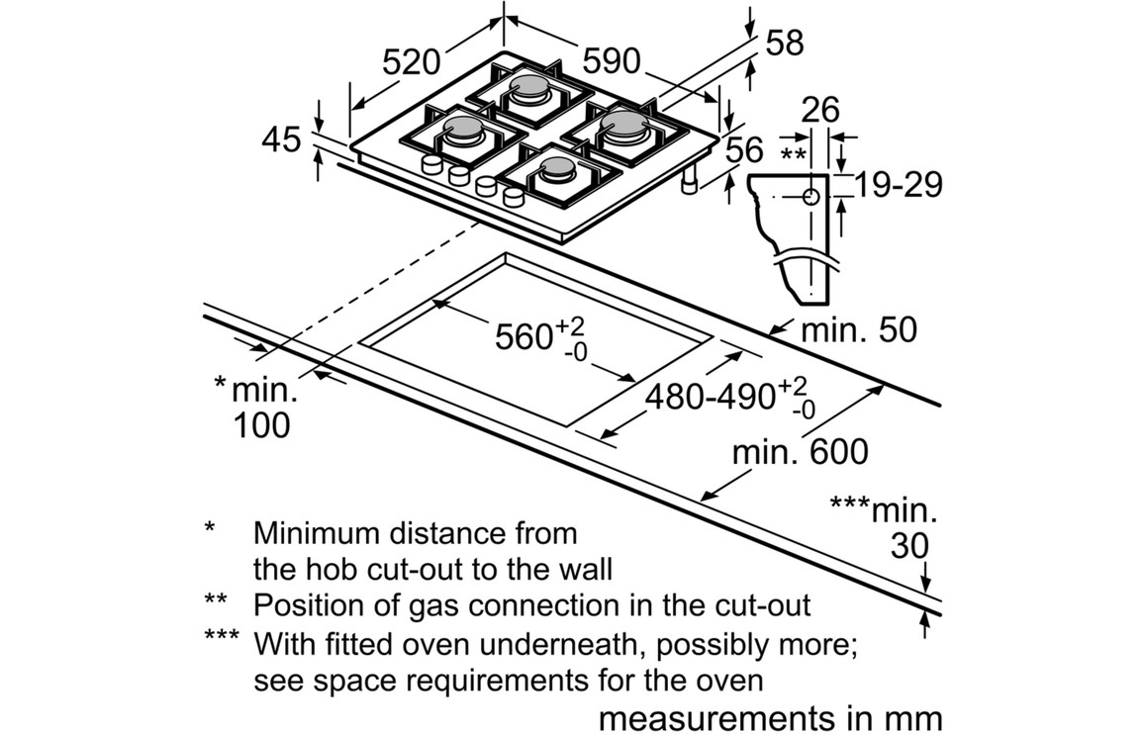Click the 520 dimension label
(x=411, y=62)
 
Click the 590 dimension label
(x=611, y=61)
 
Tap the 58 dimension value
(x=784, y=43)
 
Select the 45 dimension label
(x=280, y=139)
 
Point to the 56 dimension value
(x=744, y=150)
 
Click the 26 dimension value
(x=820, y=110)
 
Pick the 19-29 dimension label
(x=898, y=184)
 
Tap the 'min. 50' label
(x=859, y=329)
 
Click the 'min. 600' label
(x=800, y=452)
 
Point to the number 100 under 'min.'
(x=262, y=424)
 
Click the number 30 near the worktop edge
(x=909, y=546)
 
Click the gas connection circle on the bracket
(x=812, y=196)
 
